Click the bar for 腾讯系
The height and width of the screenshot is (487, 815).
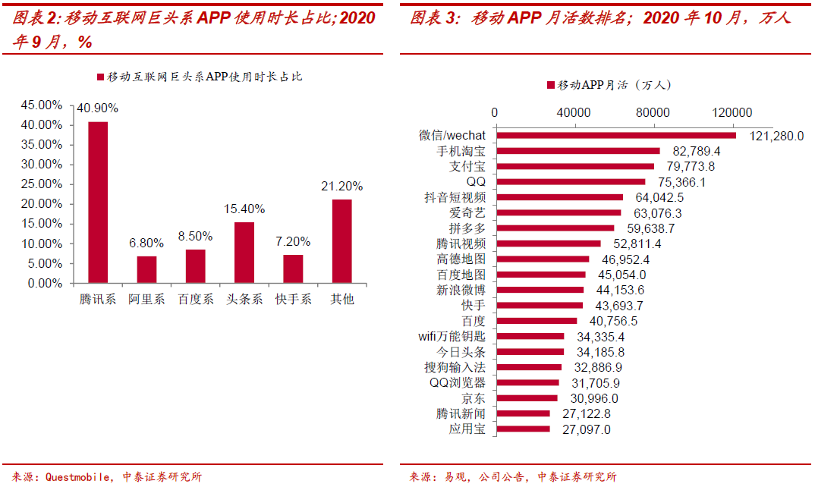pyautogui.click(x=98, y=203)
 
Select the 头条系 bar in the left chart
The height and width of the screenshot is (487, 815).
pyautogui.click(x=244, y=253)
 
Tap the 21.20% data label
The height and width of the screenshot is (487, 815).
pyautogui.click(x=341, y=186)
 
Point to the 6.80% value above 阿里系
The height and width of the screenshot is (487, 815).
pyautogui.click(x=146, y=243)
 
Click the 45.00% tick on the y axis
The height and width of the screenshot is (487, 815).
pyautogui.click(x=42, y=105)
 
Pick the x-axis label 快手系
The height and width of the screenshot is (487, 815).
pyautogui.click(x=293, y=300)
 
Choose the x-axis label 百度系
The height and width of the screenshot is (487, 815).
pyautogui.click(x=196, y=300)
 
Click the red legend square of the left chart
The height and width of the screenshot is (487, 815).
pyautogui.click(x=100, y=77)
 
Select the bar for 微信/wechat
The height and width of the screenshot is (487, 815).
pyautogui.click(x=615, y=136)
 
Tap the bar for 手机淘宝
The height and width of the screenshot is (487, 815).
pyautogui.click(x=577, y=151)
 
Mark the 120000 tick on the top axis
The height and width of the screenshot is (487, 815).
pyautogui.click(x=732, y=113)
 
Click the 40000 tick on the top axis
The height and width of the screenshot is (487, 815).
pyautogui.click(x=574, y=113)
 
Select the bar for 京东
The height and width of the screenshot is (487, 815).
pyautogui.click(x=526, y=398)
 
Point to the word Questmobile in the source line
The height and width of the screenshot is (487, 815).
pyautogui.click(x=80, y=477)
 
